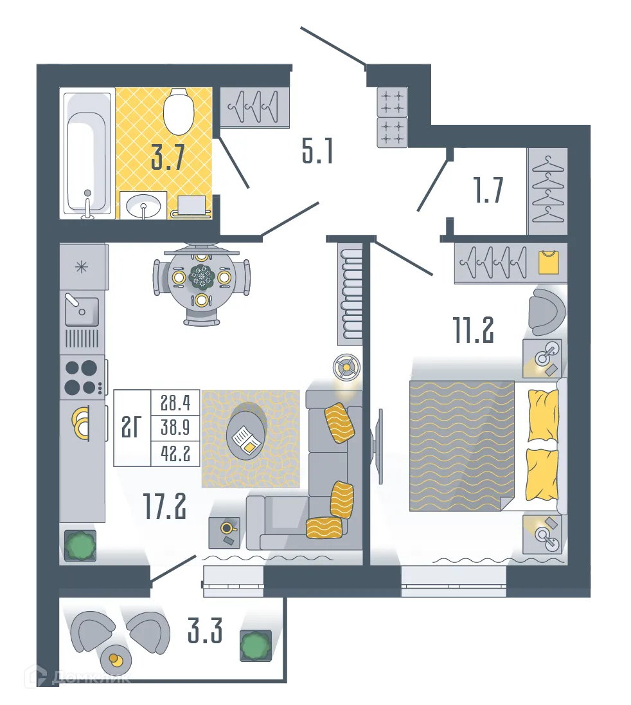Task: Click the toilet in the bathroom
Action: pyautogui.click(x=179, y=111)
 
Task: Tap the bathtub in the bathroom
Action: pyautogui.click(x=88, y=153)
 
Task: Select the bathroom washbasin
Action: pyautogui.click(x=143, y=206)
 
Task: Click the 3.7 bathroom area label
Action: pyautogui.click(x=168, y=157)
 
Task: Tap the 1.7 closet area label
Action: pyautogui.click(x=488, y=190)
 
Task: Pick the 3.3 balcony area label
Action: pyautogui.click(x=205, y=631)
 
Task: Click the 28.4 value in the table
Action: pyautogui.click(x=175, y=403)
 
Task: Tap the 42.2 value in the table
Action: pyautogui.click(x=175, y=453)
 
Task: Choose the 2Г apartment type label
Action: pyautogui.click(x=131, y=427)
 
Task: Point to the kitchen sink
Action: pyautogui.click(x=82, y=310)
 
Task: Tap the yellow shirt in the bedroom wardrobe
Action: pyautogui.click(x=548, y=262)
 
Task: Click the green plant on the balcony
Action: pyautogui.click(x=256, y=646)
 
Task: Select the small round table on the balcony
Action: pyautogui.click(x=116, y=660)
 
